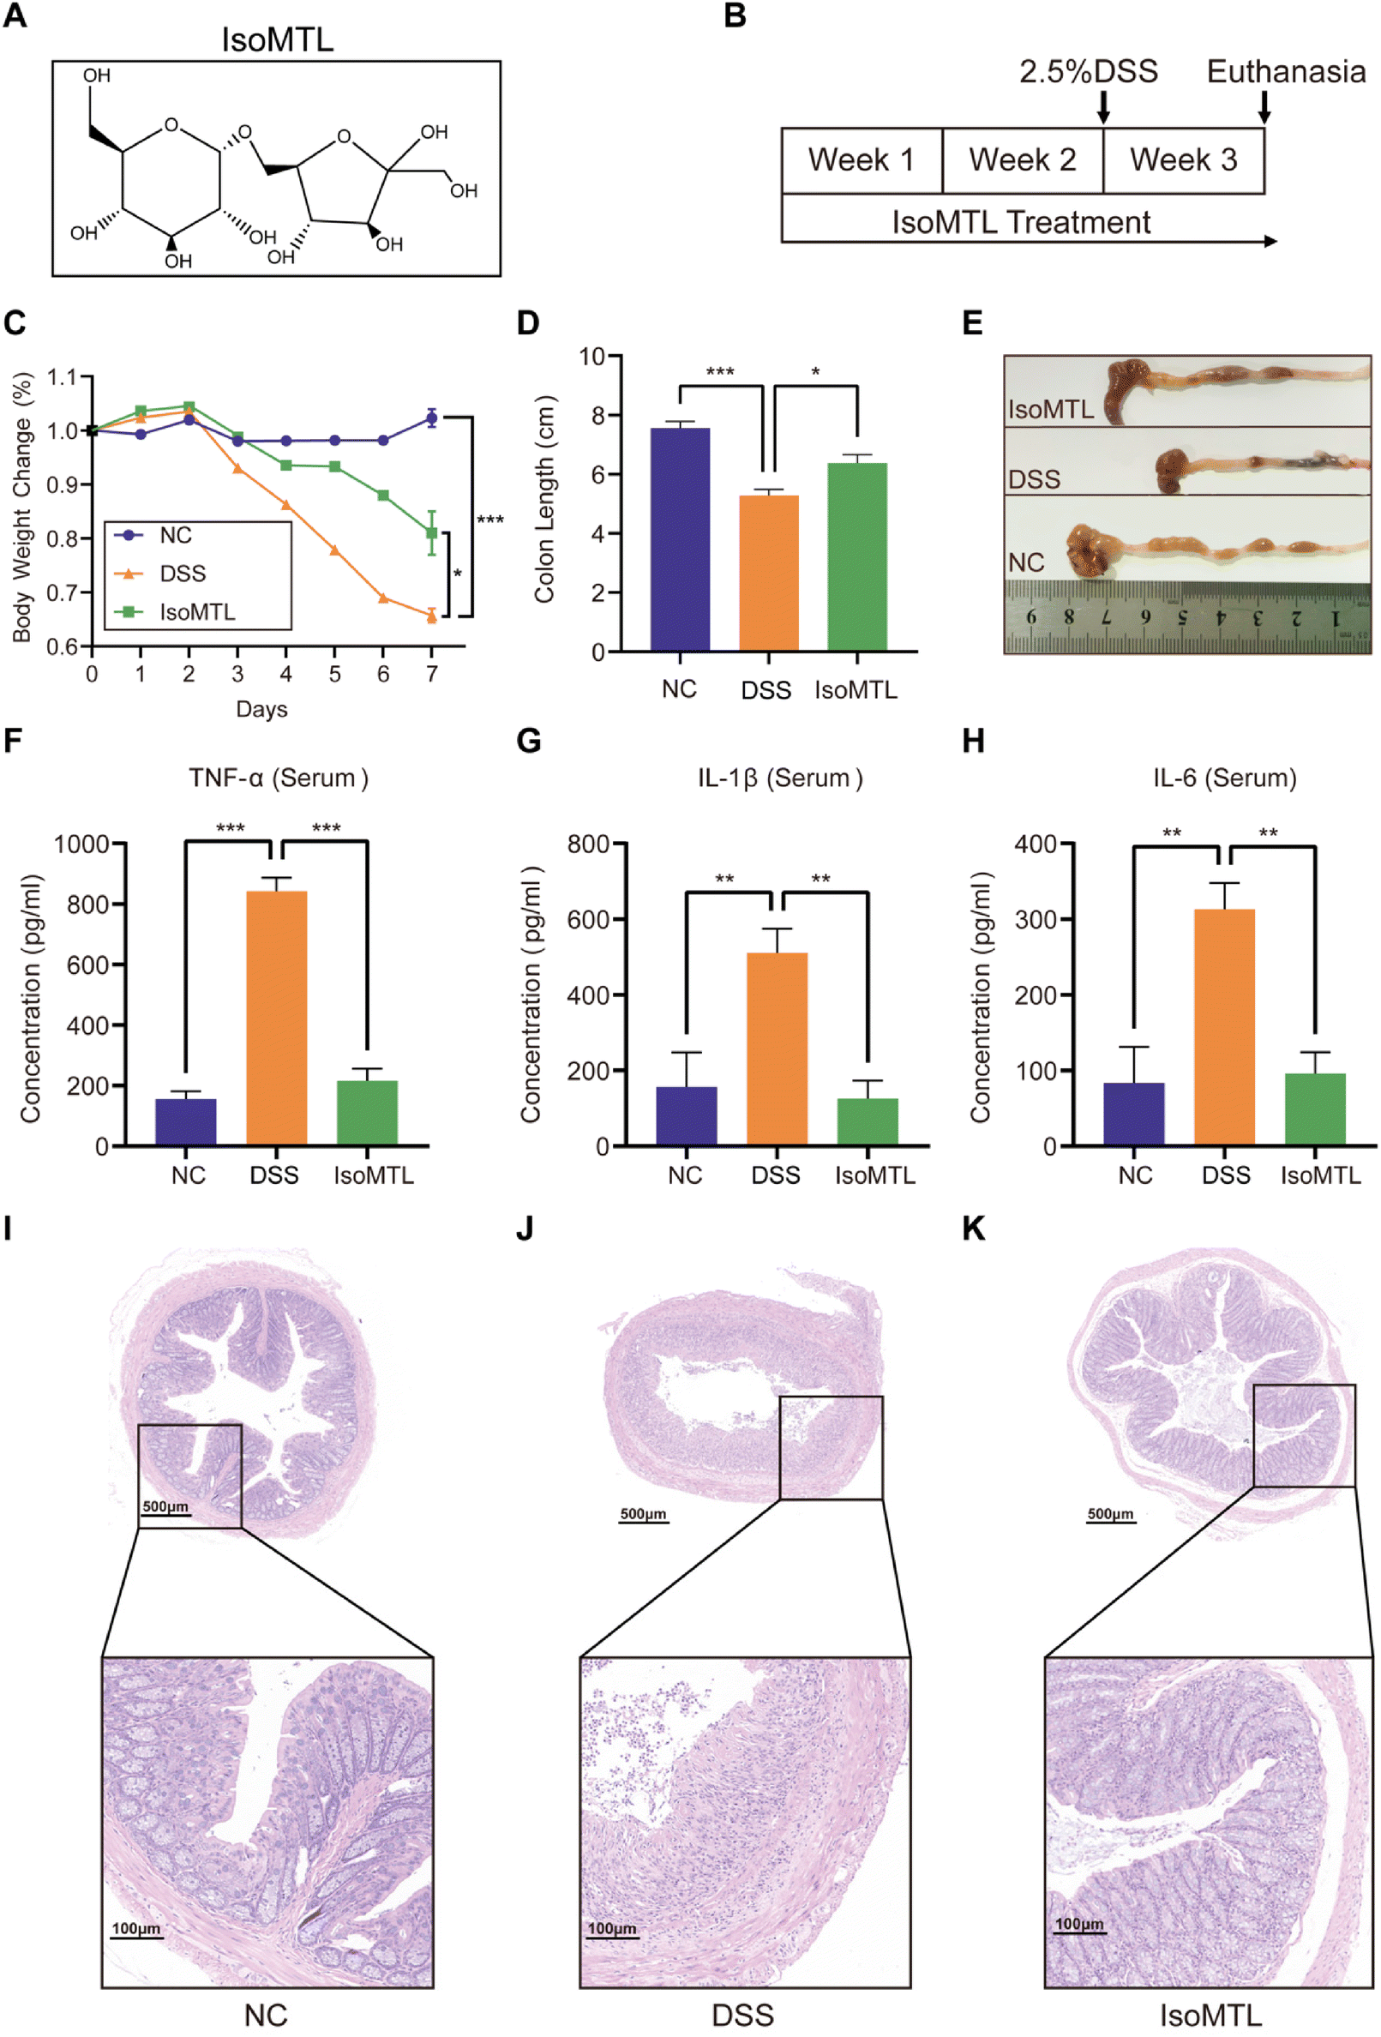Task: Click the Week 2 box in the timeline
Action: coord(1022,160)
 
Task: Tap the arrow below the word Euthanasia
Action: coord(1264,106)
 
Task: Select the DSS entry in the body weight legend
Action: coord(183,574)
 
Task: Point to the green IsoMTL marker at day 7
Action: coord(431,533)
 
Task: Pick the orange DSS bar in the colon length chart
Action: coord(768,573)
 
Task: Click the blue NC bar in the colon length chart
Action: coord(680,539)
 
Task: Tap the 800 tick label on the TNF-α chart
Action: coord(87,904)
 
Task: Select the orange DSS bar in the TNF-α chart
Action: coord(276,1018)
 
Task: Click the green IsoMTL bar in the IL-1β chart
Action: coord(868,1121)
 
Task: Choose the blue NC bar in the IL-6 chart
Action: coord(1134,1113)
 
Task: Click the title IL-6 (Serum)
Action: coord(1224,778)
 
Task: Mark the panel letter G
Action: coord(528,742)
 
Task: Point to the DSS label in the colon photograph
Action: coord(1034,479)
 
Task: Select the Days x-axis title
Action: coord(261,708)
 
